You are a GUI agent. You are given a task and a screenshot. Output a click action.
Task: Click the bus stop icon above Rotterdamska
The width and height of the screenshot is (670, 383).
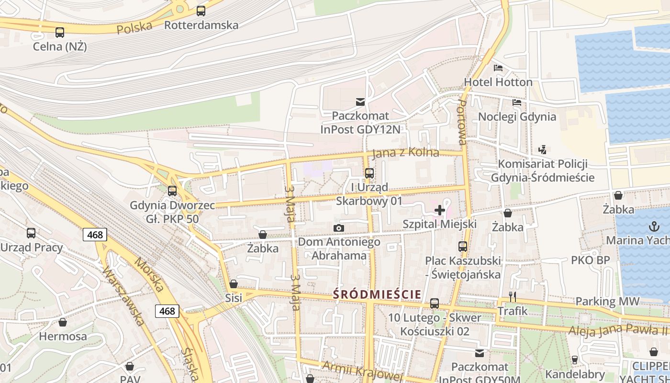coord(201,11)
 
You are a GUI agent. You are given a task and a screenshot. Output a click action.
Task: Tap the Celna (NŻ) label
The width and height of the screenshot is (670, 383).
coord(60,46)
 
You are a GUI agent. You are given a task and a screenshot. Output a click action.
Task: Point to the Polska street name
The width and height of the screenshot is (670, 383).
coord(134,28)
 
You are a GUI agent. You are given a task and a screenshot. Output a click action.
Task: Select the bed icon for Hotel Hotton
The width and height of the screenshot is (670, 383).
coord(498,68)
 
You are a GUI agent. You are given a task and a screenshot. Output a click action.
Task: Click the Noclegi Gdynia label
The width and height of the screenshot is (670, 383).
coord(517,117)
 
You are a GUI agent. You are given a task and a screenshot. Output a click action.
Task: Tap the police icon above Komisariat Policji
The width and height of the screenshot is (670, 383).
coord(542,150)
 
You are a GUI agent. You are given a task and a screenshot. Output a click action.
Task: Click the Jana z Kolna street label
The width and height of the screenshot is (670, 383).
coord(405,153)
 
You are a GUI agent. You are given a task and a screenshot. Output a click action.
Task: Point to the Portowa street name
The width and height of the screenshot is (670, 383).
coord(462,122)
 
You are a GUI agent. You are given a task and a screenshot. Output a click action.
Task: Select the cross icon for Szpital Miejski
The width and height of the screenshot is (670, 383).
coord(440,210)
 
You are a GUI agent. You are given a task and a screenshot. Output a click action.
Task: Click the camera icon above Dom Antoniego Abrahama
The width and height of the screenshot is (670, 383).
coord(339,228)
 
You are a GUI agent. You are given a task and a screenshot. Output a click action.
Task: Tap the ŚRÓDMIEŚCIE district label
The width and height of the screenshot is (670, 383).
coord(377,294)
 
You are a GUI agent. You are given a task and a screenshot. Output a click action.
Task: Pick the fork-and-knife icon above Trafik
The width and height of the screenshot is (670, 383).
coord(512,297)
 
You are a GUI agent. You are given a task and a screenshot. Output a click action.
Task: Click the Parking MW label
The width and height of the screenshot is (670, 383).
coord(607,302)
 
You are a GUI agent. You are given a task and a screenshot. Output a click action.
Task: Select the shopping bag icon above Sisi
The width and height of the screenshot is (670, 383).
coord(234,284)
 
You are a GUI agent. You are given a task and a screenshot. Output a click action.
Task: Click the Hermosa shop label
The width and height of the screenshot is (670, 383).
coord(63,336)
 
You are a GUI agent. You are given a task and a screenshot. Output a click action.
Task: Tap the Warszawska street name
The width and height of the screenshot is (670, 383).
coord(123,295)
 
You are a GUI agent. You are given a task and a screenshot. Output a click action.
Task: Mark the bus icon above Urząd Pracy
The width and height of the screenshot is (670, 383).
coord(31,233)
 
